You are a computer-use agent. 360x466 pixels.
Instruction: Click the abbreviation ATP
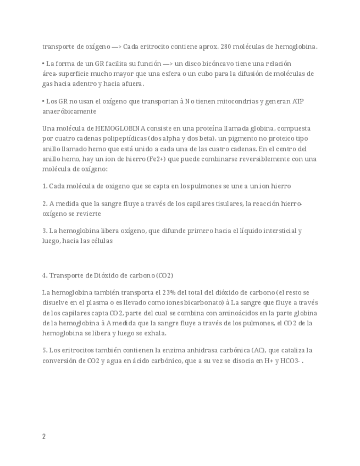coord(297,101)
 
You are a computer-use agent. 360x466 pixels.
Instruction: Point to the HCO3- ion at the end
coord(291,360)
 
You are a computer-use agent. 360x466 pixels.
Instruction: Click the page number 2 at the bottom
coord(44,437)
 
